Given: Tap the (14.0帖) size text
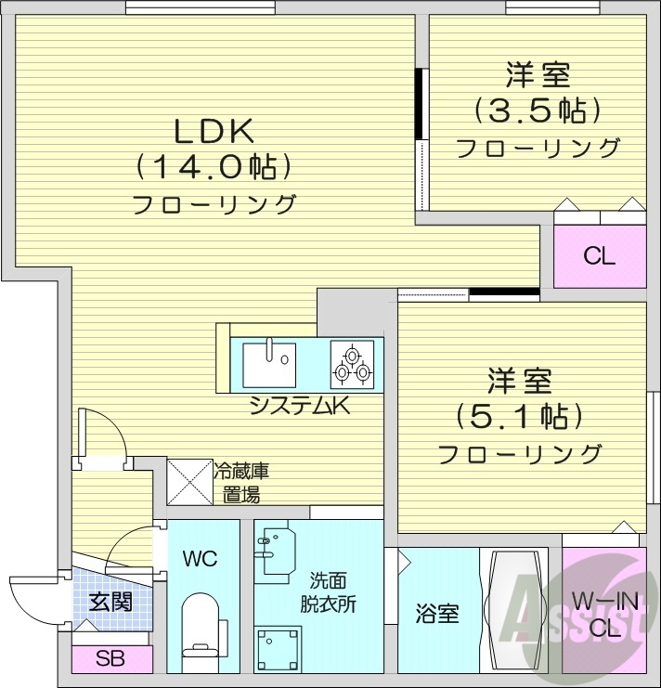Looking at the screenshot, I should click(214, 167).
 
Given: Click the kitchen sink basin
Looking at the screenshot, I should click(268, 363).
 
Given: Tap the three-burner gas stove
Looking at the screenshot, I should click(354, 364).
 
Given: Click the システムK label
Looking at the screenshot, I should click(299, 405).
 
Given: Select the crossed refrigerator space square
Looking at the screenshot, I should click(189, 482).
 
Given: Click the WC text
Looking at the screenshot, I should click(200, 559).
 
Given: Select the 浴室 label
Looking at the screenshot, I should click(436, 614).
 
